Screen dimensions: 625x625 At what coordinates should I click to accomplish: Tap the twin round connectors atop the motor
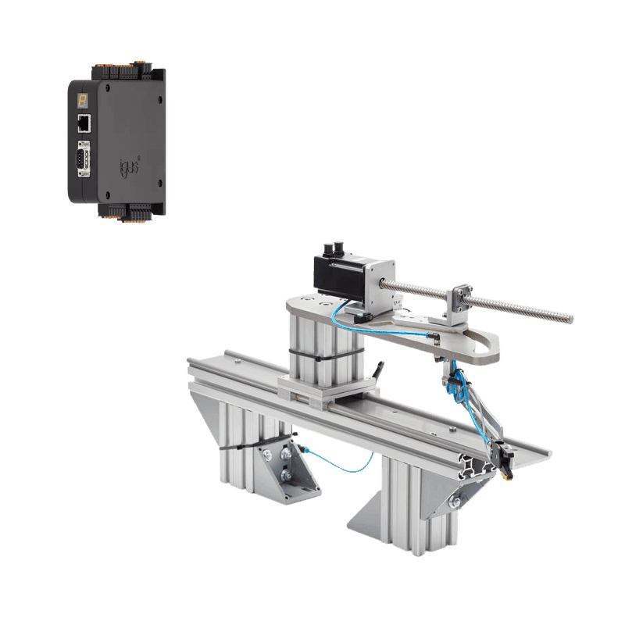(337, 248)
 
